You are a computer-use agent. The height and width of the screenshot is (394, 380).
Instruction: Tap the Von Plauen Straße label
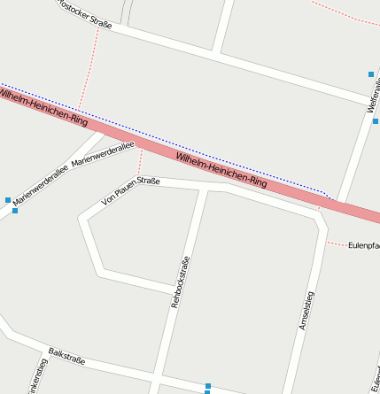click(x=130, y=191)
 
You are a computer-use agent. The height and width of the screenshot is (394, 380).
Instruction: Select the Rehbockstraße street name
click(x=180, y=282)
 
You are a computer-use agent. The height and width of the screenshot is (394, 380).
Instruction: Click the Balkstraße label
click(x=66, y=355)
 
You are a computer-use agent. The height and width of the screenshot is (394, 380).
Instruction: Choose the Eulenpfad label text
click(x=363, y=245)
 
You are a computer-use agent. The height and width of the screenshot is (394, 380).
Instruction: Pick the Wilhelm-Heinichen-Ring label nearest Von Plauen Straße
click(x=221, y=169)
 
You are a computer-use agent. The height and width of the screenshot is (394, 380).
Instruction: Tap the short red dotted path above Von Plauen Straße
click(x=139, y=163)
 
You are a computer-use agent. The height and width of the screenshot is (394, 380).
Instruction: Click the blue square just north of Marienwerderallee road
click(x=8, y=200)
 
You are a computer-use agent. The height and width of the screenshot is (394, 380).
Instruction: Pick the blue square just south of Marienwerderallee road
click(x=15, y=211)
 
